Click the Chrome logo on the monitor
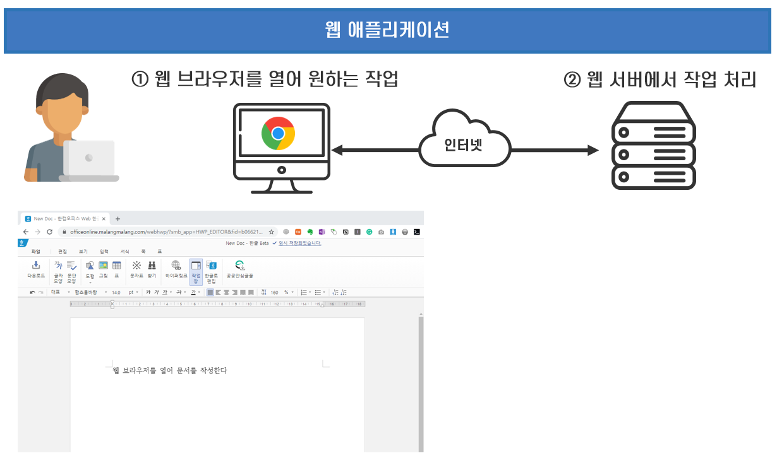coord(279,133)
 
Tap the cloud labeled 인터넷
coord(464,141)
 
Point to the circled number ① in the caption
coord(140,79)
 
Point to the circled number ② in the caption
coord(572,80)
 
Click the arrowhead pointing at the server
coord(593,150)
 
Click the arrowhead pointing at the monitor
coord(337,150)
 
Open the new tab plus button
coord(117,219)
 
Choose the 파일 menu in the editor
coord(35,251)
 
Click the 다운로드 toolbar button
coord(36,269)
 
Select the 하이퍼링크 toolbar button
coord(176,269)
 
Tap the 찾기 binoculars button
coord(152,269)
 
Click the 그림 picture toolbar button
coord(103,269)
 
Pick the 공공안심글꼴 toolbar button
coord(239,269)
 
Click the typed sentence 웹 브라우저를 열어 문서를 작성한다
coord(169,370)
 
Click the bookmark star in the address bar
coord(272,232)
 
